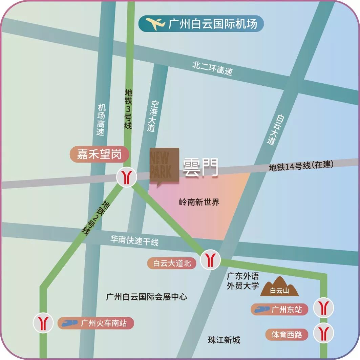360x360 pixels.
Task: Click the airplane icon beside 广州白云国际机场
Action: (155, 24)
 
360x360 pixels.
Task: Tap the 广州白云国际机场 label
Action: (213, 24)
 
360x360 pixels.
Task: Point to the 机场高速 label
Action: (101, 120)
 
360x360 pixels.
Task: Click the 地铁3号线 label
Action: (128, 109)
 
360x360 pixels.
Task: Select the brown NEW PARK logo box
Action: (164, 165)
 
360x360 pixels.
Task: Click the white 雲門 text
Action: (200, 168)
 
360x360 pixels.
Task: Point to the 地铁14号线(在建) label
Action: (301, 166)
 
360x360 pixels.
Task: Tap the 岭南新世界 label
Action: (199, 203)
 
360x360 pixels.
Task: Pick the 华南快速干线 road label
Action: (134, 241)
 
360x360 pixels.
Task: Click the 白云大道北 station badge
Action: (172, 263)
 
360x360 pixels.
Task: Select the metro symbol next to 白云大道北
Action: (210, 260)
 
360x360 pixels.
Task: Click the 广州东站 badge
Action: (276, 309)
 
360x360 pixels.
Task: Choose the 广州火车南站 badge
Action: (96, 323)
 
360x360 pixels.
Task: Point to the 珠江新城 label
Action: (224, 340)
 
